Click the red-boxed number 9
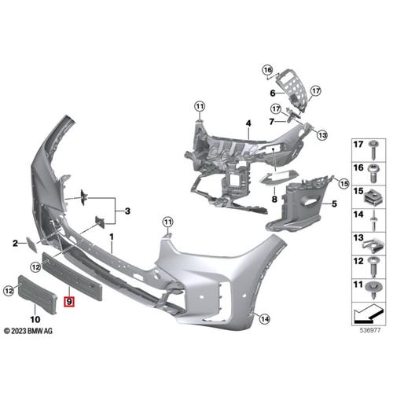pyautogui.click(x=69, y=300)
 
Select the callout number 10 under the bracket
pyautogui.click(x=33, y=318)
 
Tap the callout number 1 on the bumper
pyautogui.click(x=112, y=236)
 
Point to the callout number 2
pyautogui.click(x=15, y=244)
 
